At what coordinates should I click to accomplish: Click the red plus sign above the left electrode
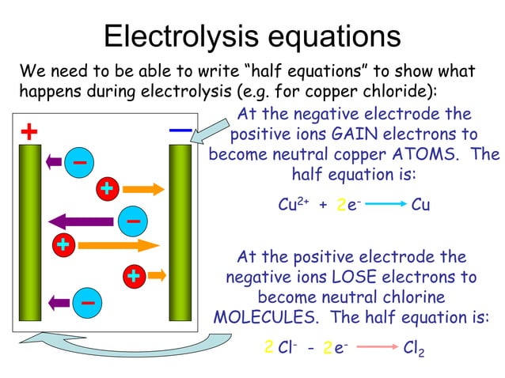point(29,131)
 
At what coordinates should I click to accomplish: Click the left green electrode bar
point(29,237)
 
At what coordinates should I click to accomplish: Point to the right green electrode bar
point(180,237)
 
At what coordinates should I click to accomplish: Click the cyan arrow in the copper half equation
point(380,205)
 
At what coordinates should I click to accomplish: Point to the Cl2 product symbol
point(413,348)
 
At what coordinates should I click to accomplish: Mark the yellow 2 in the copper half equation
point(340,206)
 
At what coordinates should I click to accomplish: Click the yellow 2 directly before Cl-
point(269,347)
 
